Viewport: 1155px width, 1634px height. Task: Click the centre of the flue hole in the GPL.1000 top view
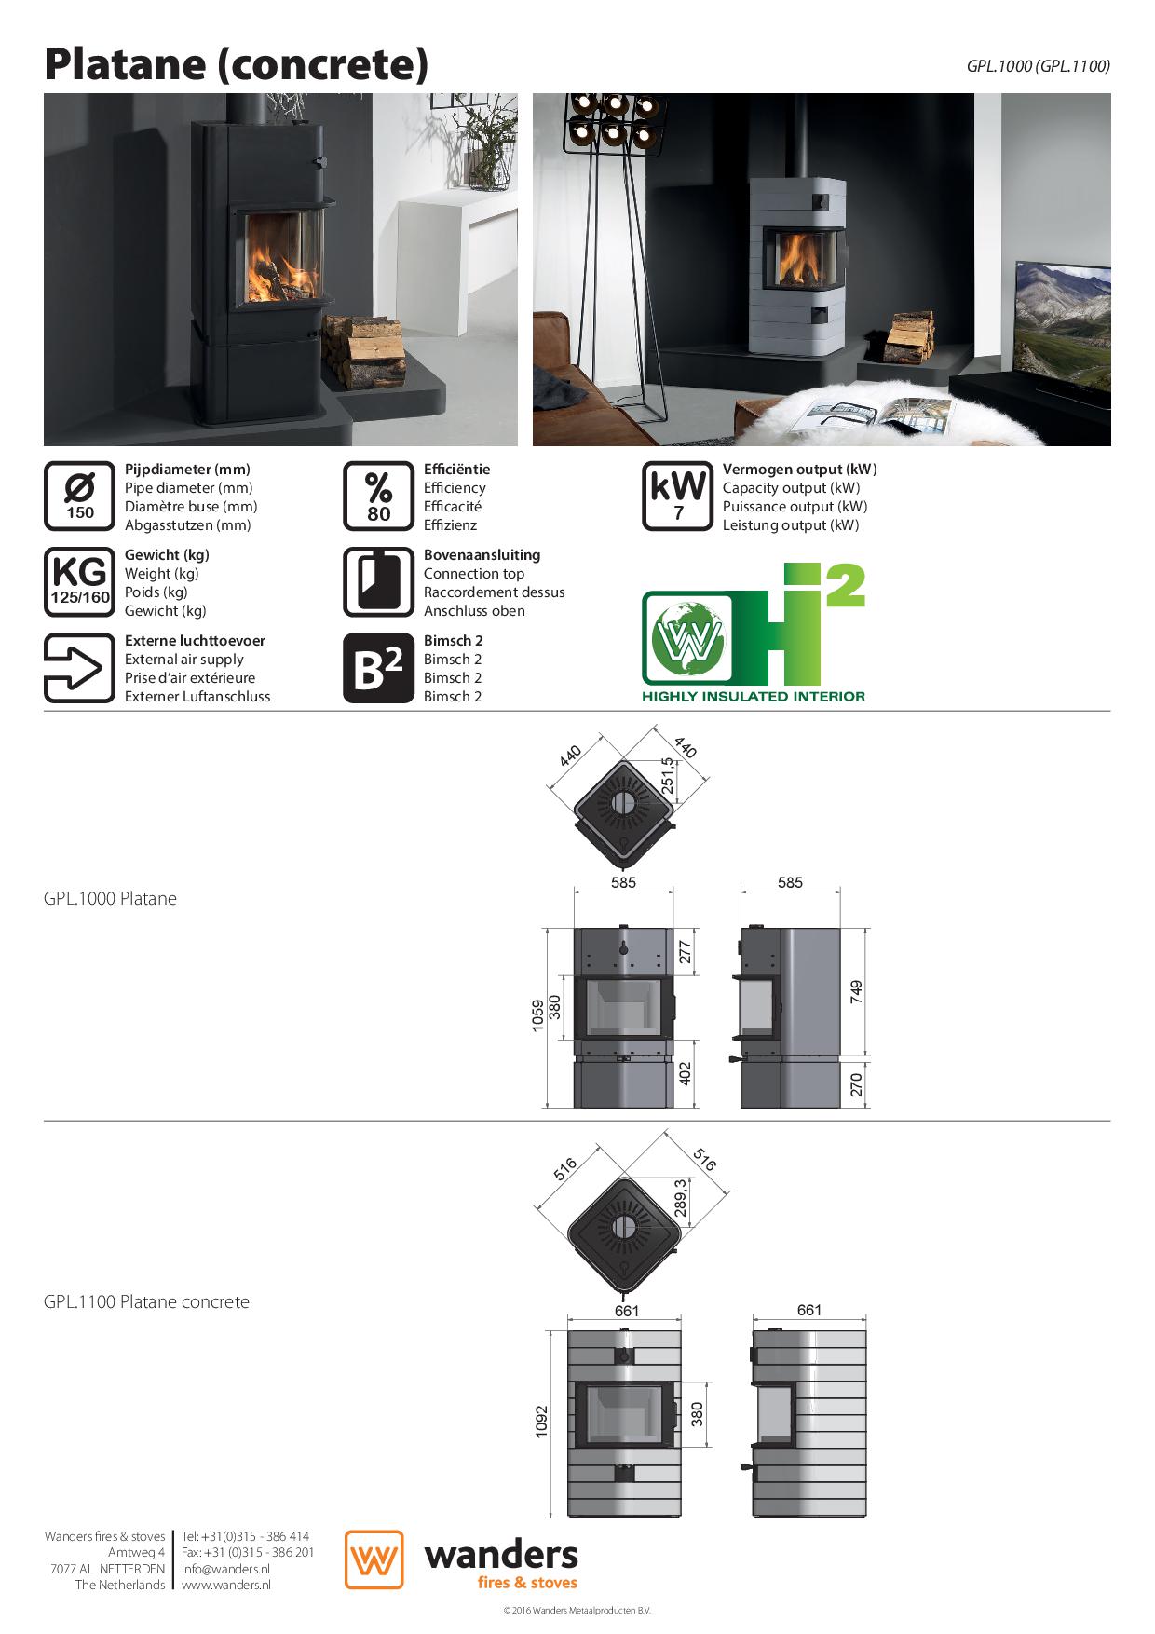623,802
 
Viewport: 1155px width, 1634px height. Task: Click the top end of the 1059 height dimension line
548,927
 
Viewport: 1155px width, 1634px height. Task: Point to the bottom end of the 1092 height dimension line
552,1518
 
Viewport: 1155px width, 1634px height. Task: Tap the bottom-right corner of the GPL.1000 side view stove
842,1108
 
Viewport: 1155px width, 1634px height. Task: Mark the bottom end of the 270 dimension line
865,1108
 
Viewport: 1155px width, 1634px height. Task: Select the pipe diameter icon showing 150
80,497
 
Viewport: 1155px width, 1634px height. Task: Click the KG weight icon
80,582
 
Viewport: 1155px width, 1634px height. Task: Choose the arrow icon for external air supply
80,668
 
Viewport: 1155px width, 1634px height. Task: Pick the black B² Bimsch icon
378,668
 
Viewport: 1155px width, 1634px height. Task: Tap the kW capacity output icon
678,497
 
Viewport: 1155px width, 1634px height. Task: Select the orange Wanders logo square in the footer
374,1559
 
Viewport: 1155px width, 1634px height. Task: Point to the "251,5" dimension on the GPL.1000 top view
668,773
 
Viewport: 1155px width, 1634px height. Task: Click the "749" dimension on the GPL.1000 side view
856,992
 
